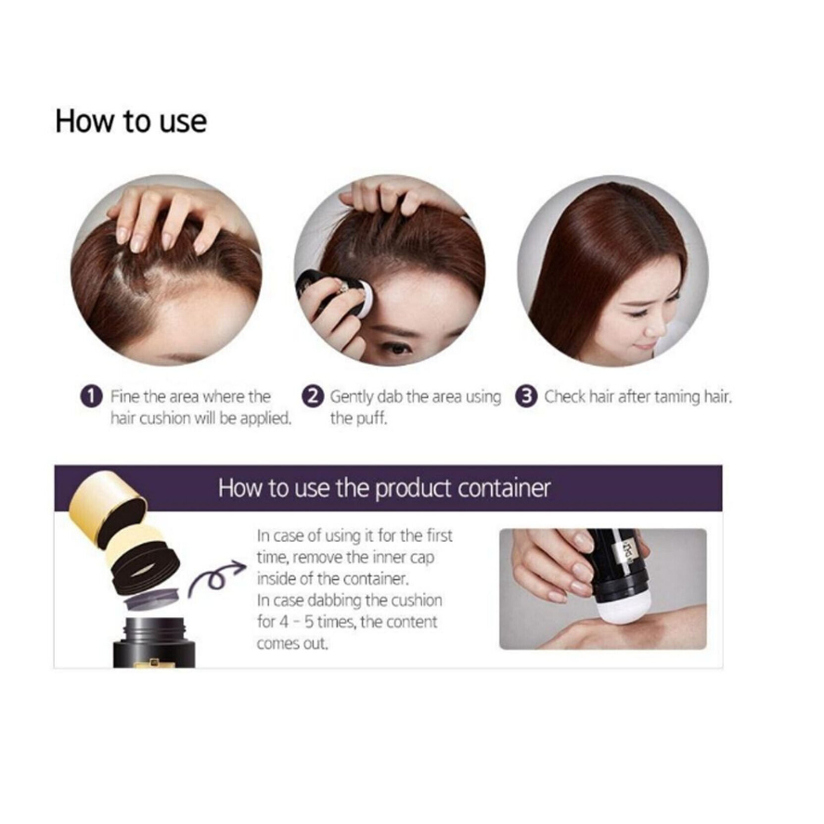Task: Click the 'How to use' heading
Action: pyautogui.click(x=131, y=122)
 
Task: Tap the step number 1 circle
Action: pyautogui.click(x=91, y=397)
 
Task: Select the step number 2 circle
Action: pyautogui.click(x=315, y=397)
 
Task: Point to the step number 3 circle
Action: pyautogui.click(x=528, y=397)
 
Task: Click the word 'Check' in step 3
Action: pyautogui.click(x=565, y=397)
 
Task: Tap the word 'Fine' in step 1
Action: pyautogui.click(x=125, y=397)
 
